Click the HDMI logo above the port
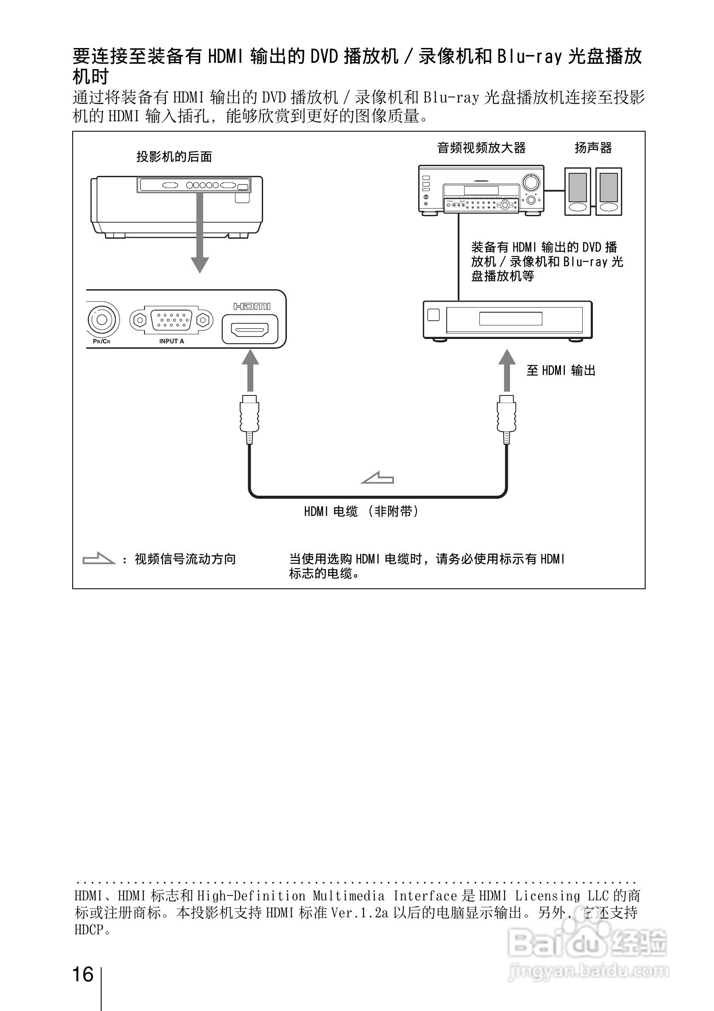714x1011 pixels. click(x=252, y=306)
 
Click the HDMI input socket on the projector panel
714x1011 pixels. click(x=250, y=329)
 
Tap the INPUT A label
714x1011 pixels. click(x=171, y=341)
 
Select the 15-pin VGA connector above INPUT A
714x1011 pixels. click(x=171, y=320)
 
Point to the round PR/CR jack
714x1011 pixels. click(x=102, y=320)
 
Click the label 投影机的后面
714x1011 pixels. click(x=174, y=157)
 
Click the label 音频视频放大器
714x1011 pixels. click(x=481, y=148)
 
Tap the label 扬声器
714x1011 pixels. click(x=593, y=148)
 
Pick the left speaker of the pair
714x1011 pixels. click(x=578, y=192)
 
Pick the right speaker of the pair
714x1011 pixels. click(x=609, y=192)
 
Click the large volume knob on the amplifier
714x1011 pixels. click(x=531, y=182)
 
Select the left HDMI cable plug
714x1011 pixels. click(x=249, y=418)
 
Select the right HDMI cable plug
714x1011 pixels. click(x=507, y=418)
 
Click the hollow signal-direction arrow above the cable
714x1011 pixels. click(x=377, y=478)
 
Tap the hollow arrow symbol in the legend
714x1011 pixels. click(x=99, y=558)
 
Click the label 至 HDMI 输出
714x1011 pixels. click(x=561, y=371)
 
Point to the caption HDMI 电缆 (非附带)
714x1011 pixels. click(x=361, y=511)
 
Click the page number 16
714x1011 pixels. click(x=83, y=974)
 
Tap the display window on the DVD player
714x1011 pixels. click(x=510, y=318)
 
